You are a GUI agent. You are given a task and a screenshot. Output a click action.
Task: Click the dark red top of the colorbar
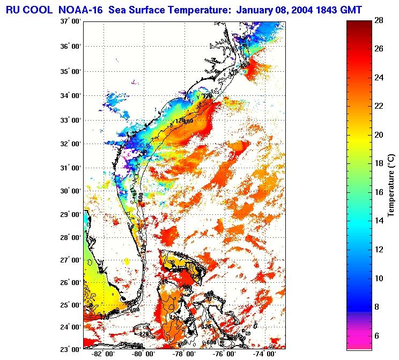coord(359,24)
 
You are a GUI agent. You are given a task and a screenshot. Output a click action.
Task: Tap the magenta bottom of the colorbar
coord(359,343)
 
